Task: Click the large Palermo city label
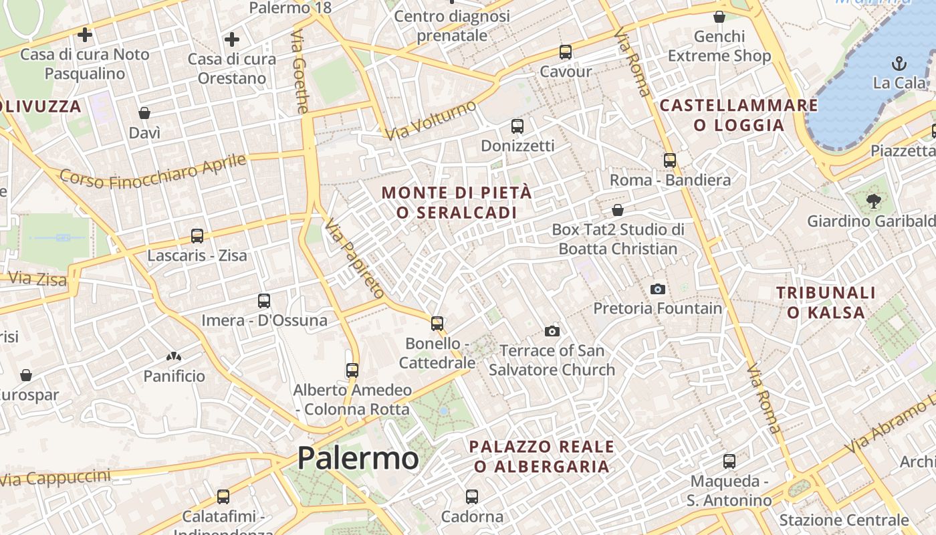coord(358,459)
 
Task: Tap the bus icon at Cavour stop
coord(566,51)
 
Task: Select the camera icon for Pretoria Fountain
coord(658,289)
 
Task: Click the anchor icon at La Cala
coord(899,64)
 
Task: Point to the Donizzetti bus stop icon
coord(517,126)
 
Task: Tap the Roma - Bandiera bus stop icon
coord(670,160)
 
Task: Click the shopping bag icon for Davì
coord(144,113)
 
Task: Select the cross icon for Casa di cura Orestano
coord(232,39)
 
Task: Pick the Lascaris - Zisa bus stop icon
coord(197,235)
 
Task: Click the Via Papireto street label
coord(355,258)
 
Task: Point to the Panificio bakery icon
coord(174,357)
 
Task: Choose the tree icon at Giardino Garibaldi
coord(873,201)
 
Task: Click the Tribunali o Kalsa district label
coord(826,302)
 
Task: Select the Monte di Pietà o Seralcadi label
coord(457,202)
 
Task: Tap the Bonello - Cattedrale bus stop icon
coord(437,324)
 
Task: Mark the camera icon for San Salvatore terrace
coord(552,331)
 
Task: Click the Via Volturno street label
coord(431,120)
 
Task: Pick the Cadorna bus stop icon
coord(472,496)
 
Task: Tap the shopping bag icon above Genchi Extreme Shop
coord(719,17)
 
